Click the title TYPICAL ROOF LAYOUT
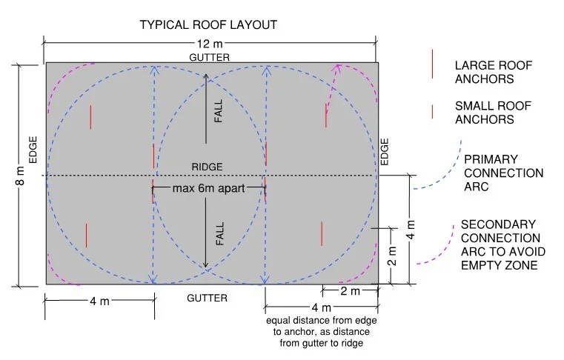pos(208,24)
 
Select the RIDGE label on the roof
pos(208,167)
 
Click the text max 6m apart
pos(209,187)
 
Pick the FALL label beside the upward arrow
pos(219,112)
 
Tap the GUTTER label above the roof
pos(208,57)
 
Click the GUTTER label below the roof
pos(207,298)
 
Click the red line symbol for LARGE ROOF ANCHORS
pos(433,64)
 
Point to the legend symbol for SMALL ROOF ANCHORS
pos(433,111)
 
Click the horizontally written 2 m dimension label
pos(351,291)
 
